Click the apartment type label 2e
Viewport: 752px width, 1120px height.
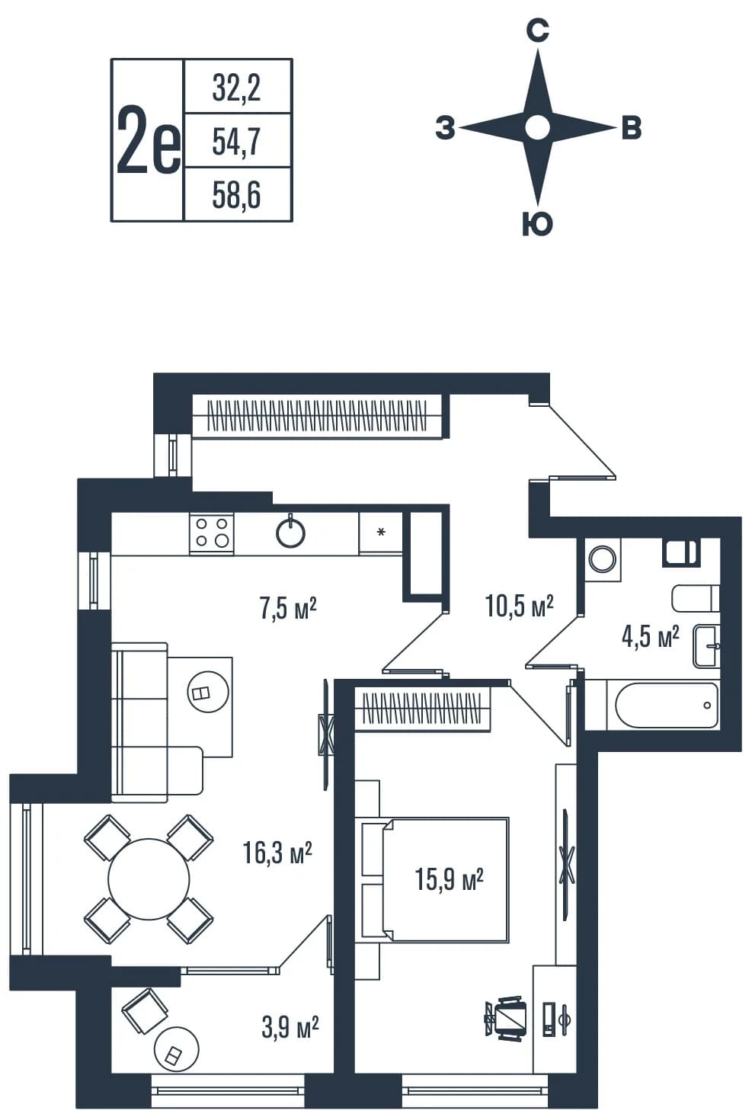[148, 140]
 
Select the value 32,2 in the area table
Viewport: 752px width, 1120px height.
[236, 88]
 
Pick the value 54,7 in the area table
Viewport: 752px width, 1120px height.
[236, 142]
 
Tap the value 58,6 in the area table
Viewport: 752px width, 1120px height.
[236, 196]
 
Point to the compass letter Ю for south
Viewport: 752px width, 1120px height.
[537, 223]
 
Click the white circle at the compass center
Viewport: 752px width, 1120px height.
[537, 127]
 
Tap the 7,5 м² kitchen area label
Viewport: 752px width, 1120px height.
[288, 609]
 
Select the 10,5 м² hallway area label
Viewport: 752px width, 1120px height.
[519, 606]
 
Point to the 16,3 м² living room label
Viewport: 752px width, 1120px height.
[277, 853]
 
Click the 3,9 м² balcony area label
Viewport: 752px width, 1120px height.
[290, 1028]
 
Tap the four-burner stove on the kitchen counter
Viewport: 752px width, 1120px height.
[212, 533]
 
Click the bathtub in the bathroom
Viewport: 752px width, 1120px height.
[667, 706]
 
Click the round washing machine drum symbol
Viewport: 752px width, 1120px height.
[602, 558]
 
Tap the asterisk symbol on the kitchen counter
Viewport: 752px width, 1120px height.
[381, 532]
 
